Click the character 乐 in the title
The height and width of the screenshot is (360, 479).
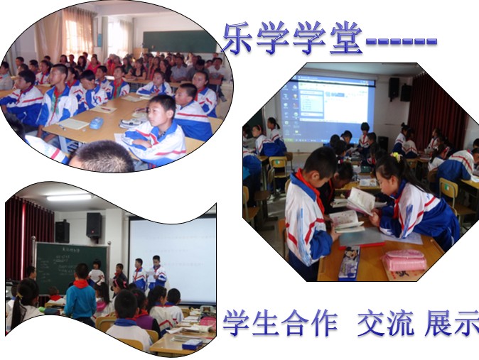tap(237, 38)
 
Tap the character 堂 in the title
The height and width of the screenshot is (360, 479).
tap(346, 38)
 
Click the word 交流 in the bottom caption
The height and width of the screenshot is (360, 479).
tap(386, 323)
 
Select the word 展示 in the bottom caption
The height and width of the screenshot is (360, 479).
tap(452, 323)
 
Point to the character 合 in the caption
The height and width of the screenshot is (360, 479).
tap(295, 323)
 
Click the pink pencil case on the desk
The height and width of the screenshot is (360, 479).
tap(404, 261)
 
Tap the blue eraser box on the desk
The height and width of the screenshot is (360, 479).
tap(97, 123)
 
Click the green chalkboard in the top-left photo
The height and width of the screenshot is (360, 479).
tap(180, 41)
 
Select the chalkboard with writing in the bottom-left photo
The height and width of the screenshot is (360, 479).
tap(72, 267)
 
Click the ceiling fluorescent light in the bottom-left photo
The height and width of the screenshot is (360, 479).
tap(69, 197)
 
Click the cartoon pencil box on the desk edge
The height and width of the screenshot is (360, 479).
tap(350, 262)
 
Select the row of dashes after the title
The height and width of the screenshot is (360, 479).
tap(401, 41)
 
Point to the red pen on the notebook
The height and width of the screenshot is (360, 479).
tap(106, 109)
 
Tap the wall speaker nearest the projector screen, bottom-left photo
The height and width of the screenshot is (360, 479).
tap(94, 225)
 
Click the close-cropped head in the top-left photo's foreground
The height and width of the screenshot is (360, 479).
tap(102, 157)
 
